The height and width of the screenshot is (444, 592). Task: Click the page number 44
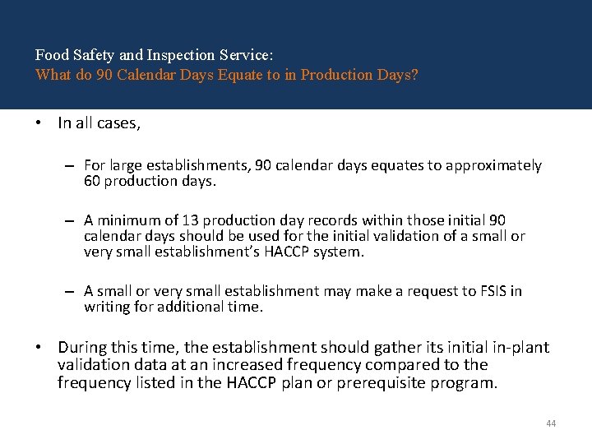(551, 423)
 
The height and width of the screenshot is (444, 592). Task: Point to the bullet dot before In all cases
(39, 123)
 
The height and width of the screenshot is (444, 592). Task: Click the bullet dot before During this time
(39, 348)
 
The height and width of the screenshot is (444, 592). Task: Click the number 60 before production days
(92, 181)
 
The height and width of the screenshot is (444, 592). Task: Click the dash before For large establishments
(72, 165)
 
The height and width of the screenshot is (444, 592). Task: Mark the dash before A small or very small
(72, 291)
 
